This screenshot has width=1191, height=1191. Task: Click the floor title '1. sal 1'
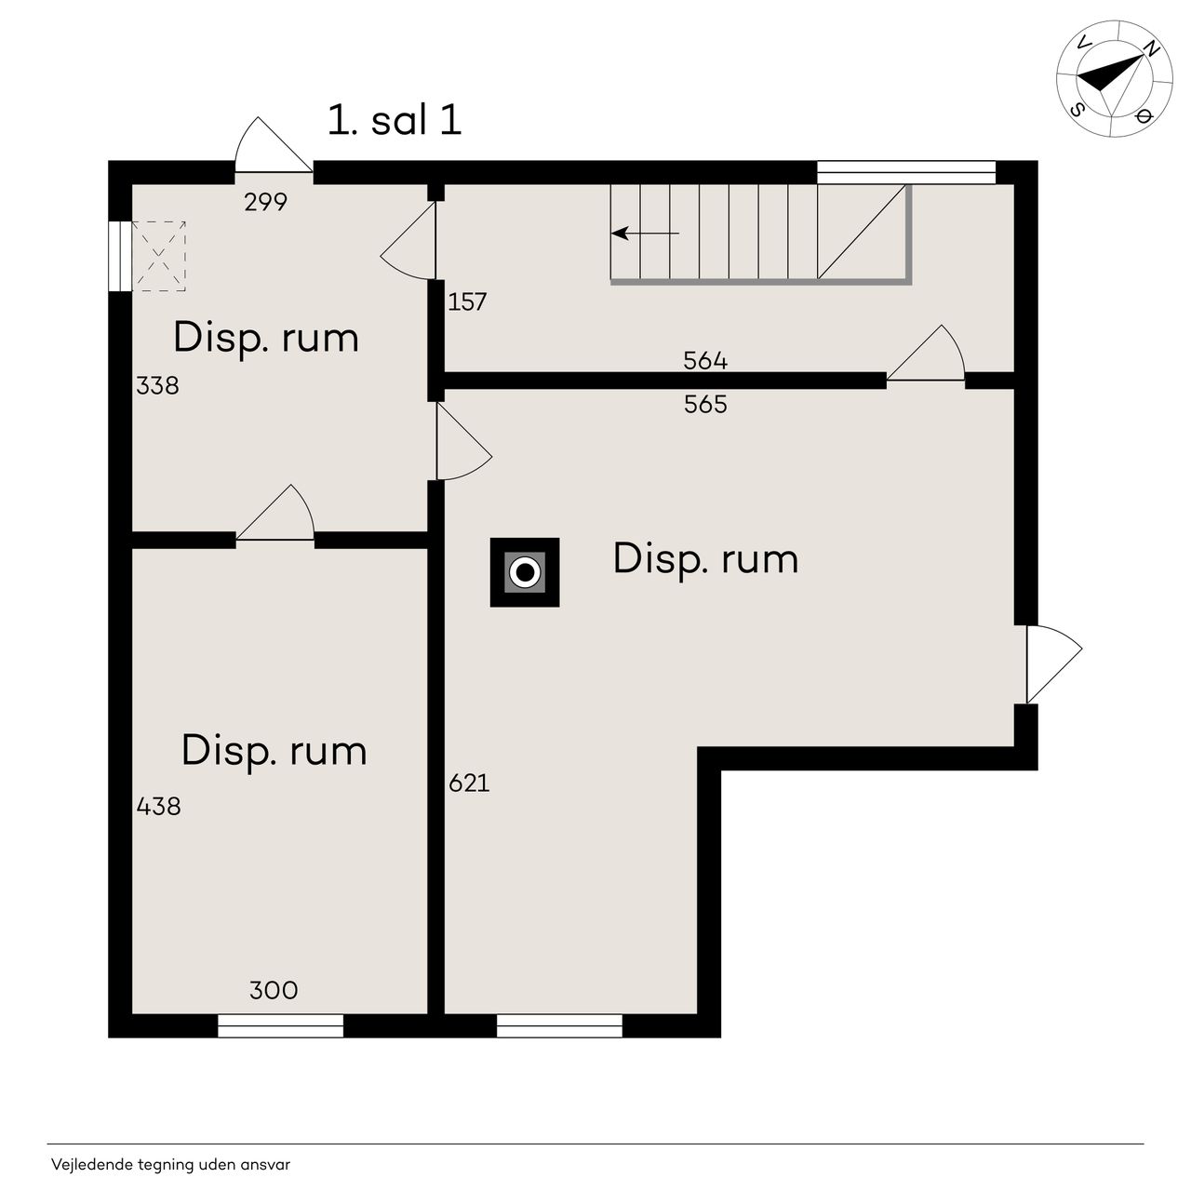tap(395, 120)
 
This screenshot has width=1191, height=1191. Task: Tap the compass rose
tap(1115, 78)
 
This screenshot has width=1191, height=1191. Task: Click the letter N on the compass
tap(1151, 47)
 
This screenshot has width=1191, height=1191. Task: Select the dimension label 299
tap(266, 202)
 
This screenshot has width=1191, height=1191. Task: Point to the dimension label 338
tap(157, 385)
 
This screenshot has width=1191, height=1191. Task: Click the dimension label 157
tap(467, 301)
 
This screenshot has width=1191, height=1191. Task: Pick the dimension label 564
tap(705, 360)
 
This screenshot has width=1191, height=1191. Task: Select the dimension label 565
tap(705, 404)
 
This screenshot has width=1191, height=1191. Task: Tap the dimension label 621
tap(469, 783)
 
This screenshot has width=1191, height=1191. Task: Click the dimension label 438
tap(159, 806)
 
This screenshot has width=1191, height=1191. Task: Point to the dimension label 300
tap(274, 991)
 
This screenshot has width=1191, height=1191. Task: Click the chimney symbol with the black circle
tap(525, 572)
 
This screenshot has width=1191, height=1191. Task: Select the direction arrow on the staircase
tap(645, 234)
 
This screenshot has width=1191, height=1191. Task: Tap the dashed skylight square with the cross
tap(159, 256)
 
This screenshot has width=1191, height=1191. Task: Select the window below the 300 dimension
tap(281, 1025)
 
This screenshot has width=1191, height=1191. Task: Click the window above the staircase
tap(906, 172)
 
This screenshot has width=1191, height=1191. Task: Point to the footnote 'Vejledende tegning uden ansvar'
tap(170, 1164)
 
